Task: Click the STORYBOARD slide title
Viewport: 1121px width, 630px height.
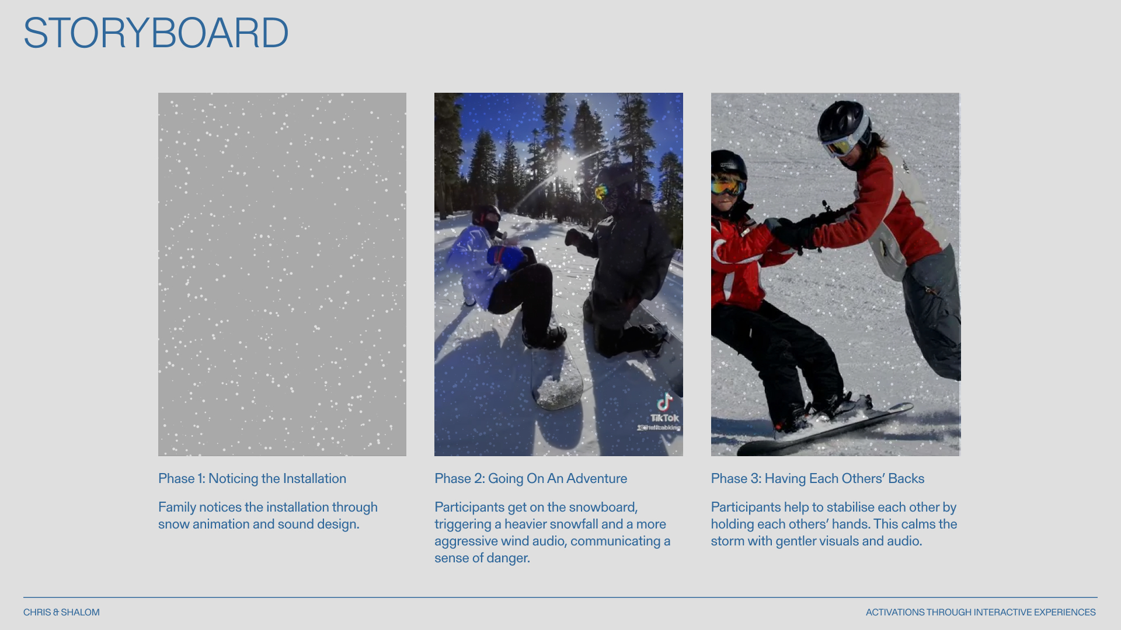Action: click(x=156, y=33)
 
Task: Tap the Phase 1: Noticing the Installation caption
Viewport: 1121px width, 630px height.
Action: click(x=252, y=479)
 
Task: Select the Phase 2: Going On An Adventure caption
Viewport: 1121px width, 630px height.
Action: click(x=531, y=479)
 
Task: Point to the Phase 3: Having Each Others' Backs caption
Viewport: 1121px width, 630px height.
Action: click(x=817, y=479)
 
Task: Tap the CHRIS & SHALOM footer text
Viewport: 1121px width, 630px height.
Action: click(x=61, y=612)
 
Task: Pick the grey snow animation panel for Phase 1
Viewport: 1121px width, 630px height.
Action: click(x=282, y=274)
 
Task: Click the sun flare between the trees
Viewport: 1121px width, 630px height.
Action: click(x=565, y=165)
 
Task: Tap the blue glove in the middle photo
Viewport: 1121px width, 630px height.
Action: click(x=506, y=257)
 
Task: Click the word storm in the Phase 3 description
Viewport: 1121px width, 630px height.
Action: click(x=727, y=541)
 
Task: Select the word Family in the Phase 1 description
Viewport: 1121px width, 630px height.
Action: click(x=177, y=508)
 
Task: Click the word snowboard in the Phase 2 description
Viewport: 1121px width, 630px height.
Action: click(x=603, y=508)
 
